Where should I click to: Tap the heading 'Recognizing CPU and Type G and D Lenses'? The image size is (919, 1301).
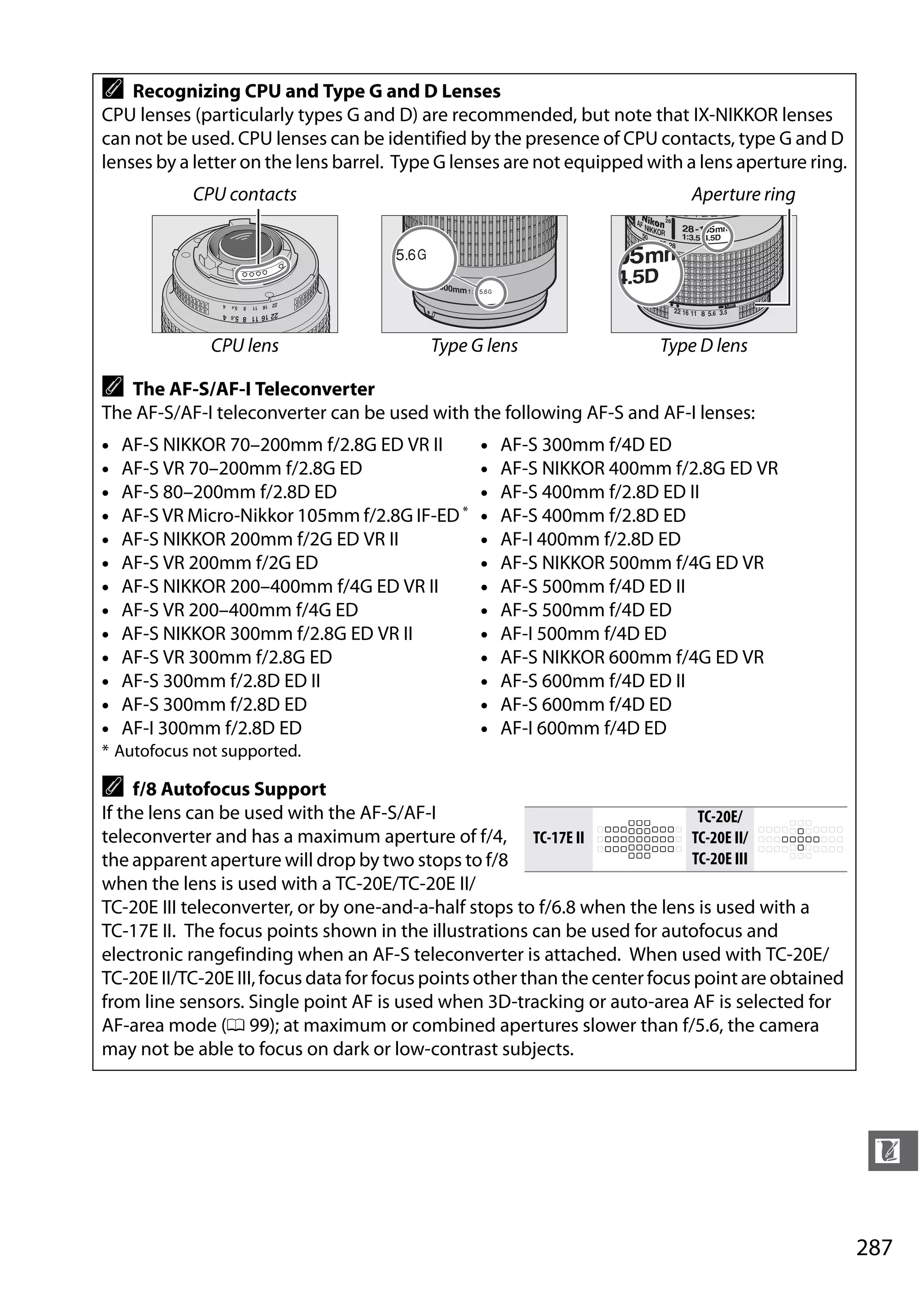click(316, 91)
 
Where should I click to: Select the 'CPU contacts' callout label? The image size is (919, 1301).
click(245, 194)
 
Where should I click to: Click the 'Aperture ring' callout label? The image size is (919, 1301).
click(743, 194)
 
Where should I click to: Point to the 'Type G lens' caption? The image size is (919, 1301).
click(474, 346)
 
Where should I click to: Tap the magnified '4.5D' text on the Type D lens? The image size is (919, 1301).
click(639, 277)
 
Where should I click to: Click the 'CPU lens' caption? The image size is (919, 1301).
click(245, 346)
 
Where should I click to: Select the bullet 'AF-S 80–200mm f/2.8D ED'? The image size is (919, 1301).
click(228, 492)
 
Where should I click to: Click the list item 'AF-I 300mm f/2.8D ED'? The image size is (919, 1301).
click(211, 728)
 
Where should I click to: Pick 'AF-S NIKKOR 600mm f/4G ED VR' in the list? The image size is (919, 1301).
click(631, 657)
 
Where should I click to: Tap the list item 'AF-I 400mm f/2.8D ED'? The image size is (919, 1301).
click(590, 539)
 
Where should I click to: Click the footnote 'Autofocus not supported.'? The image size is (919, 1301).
click(207, 751)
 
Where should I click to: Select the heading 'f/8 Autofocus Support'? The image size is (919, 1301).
click(229, 789)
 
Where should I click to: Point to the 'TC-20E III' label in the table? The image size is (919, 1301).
click(719, 859)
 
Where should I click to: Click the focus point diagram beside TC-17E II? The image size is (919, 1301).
click(639, 839)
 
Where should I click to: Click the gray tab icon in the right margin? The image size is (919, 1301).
click(892, 1150)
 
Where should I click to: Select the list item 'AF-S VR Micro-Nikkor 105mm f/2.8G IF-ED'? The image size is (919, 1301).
click(290, 516)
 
